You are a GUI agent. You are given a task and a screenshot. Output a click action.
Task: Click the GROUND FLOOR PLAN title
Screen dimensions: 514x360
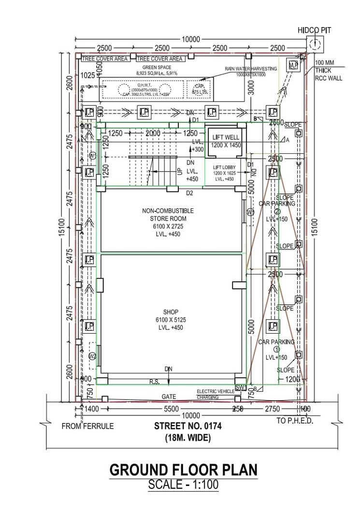[183, 470]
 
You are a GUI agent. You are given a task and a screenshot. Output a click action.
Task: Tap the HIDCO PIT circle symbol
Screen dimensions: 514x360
[315, 44]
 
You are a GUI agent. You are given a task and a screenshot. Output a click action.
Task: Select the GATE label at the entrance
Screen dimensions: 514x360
[169, 397]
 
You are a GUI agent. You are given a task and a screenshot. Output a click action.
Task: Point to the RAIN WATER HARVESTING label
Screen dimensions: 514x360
[251, 69]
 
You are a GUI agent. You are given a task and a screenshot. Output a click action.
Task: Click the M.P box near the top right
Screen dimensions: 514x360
[293, 65]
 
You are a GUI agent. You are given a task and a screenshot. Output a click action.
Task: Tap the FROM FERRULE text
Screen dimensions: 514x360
[87, 426]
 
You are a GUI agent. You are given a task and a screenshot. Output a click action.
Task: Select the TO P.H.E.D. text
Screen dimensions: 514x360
[295, 421]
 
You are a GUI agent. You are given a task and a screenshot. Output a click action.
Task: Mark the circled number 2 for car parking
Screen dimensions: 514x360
[277, 211]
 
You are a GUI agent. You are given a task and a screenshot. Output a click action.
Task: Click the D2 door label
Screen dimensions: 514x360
[190, 193]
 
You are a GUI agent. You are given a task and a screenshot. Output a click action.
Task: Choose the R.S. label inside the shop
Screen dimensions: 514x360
[155, 382]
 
